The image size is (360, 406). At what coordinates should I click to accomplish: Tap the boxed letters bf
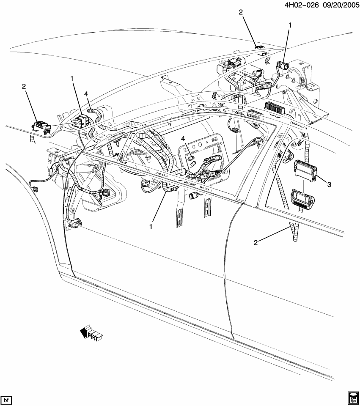[6, 399]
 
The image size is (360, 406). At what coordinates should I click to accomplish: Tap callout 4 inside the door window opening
[183, 139]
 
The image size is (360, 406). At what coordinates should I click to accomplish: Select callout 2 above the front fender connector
[24, 86]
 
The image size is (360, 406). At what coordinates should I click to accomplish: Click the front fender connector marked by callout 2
[41, 126]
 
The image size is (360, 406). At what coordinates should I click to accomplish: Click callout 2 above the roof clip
[241, 13]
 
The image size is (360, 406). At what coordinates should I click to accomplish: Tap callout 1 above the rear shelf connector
[290, 26]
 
